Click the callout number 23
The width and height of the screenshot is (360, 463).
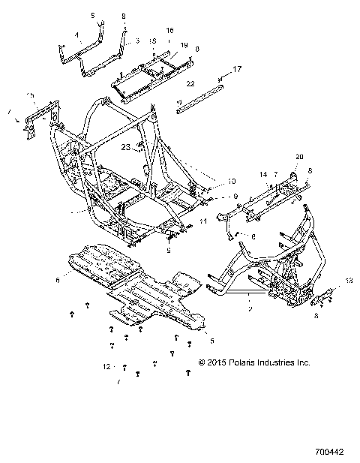point(126,147)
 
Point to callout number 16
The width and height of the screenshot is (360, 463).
point(169,29)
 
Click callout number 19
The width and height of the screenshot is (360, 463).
point(183,45)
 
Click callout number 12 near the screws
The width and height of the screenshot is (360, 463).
point(106,366)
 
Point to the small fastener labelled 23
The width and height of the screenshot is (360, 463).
point(139,149)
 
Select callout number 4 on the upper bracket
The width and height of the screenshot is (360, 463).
point(78,35)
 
